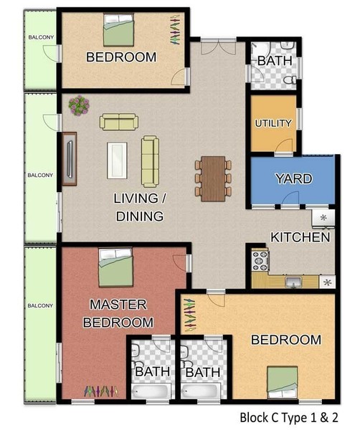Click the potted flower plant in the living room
[79, 105]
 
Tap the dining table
[213, 178]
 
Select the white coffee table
[117, 160]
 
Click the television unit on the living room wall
[69, 159]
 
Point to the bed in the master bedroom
[115, 267]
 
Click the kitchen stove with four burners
[260, 261]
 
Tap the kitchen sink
[293, 282]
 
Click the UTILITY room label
[273, 123]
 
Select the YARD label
[294, 178]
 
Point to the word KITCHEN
[300, 237]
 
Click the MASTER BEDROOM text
[118, 313]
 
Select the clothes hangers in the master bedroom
[101, 391]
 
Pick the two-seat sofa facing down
[119, 122]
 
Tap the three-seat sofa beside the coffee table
[150, 161]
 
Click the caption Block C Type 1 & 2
[289, 418]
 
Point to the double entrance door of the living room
[219, 47]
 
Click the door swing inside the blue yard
[290, 198]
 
